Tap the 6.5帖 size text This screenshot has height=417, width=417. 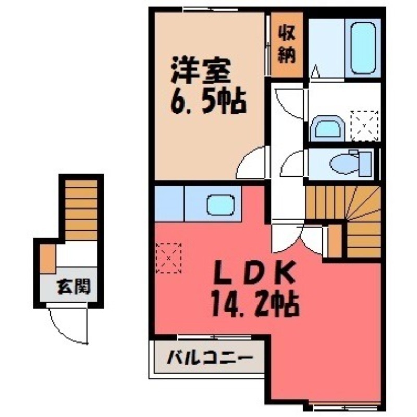[207, 102]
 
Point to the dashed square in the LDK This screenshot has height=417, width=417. [168, 257]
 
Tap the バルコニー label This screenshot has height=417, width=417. [210, 358]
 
